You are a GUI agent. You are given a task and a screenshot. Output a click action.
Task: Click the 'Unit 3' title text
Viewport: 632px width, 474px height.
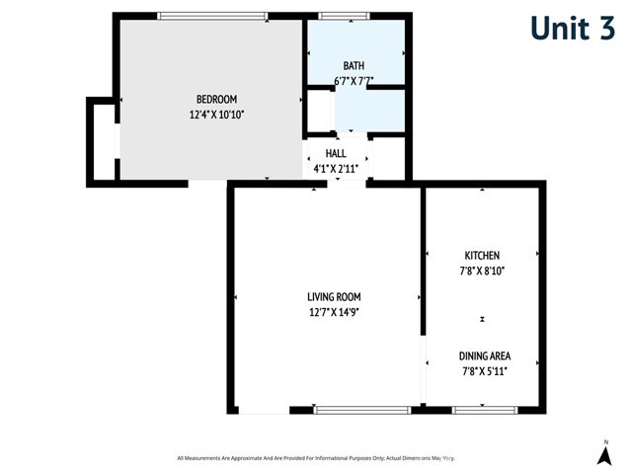click(572, 29)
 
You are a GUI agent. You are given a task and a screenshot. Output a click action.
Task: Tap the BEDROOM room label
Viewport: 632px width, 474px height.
click(216, 99)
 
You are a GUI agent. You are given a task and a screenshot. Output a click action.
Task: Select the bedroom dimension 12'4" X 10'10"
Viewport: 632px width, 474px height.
click(216, 115)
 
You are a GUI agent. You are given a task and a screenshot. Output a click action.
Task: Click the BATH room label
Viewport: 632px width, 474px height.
click(354, 65)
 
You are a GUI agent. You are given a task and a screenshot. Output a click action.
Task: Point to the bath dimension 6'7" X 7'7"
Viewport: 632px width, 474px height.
click(354, 81)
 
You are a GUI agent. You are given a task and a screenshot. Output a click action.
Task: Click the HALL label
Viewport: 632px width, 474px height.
click(336, 153)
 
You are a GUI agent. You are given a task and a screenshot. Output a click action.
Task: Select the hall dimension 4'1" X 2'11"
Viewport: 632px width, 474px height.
click(336, 169)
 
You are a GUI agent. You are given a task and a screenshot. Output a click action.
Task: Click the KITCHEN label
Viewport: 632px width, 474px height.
click(482, 255)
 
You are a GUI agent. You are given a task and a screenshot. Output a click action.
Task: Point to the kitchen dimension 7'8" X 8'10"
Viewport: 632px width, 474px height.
click(482, 271)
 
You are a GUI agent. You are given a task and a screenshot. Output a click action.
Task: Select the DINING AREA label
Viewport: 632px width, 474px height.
click(483, 355)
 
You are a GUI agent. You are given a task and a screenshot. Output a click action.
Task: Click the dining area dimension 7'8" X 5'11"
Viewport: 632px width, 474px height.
click(483, 372)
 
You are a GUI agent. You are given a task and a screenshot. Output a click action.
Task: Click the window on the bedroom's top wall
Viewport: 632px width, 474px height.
click(212, 15)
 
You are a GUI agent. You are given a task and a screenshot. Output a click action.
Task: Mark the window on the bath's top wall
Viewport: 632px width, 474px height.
click(344, 15)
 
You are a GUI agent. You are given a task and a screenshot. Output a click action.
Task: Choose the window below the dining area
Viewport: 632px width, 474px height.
click(484, 409)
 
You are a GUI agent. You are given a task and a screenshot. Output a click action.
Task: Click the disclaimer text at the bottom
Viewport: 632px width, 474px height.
click(316, 458)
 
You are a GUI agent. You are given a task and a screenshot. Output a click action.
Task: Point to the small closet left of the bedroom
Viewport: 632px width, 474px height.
click(103, 140)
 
